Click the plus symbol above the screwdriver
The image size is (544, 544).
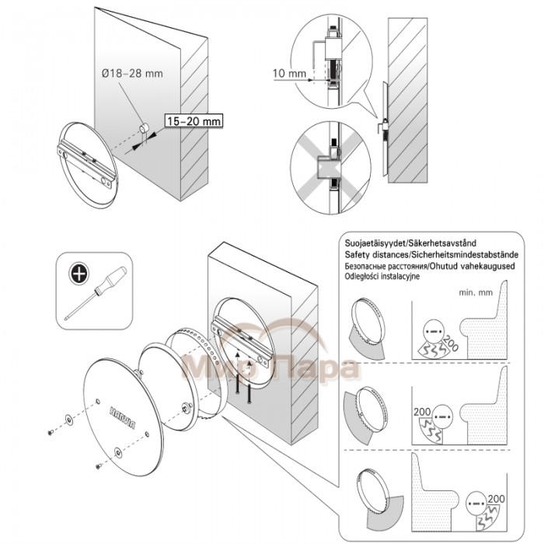point(78,273)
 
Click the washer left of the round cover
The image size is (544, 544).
point(70,419)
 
